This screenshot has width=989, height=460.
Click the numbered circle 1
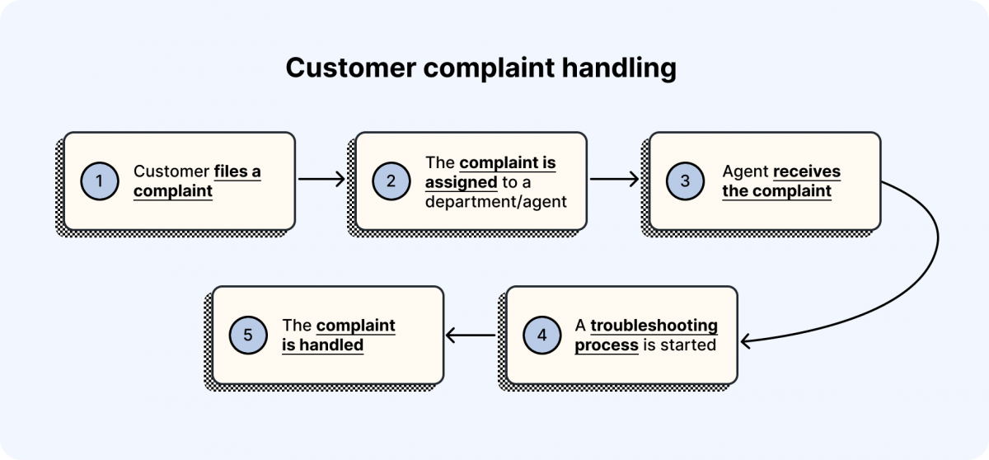[x=100, y=182]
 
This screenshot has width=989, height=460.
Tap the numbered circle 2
[x=391, y=182]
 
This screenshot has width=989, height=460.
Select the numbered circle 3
[x=686, y=182]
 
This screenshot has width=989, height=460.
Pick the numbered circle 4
[x=541, y=336]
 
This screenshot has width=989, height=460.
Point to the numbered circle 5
[x=248, y=336]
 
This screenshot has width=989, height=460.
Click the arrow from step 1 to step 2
[x=321, y=178]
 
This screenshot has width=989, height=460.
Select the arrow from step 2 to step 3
[x=615, y=178]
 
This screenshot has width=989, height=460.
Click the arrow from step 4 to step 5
[x=470, y=335]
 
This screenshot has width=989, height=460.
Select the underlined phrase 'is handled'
[x=322, y=345]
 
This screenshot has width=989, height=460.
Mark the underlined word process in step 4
[x=606, y=345]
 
